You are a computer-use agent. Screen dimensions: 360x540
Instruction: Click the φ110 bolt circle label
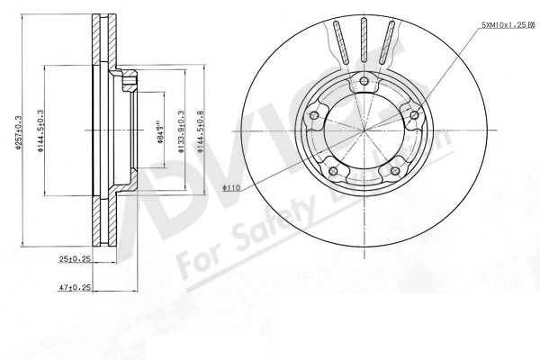tap(231, 188)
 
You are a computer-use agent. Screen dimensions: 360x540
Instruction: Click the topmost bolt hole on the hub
tap(364, 83)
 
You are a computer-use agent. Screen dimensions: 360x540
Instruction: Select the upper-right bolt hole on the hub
tap(413, 114)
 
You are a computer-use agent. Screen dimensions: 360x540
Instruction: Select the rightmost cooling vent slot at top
tap(390, 42)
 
